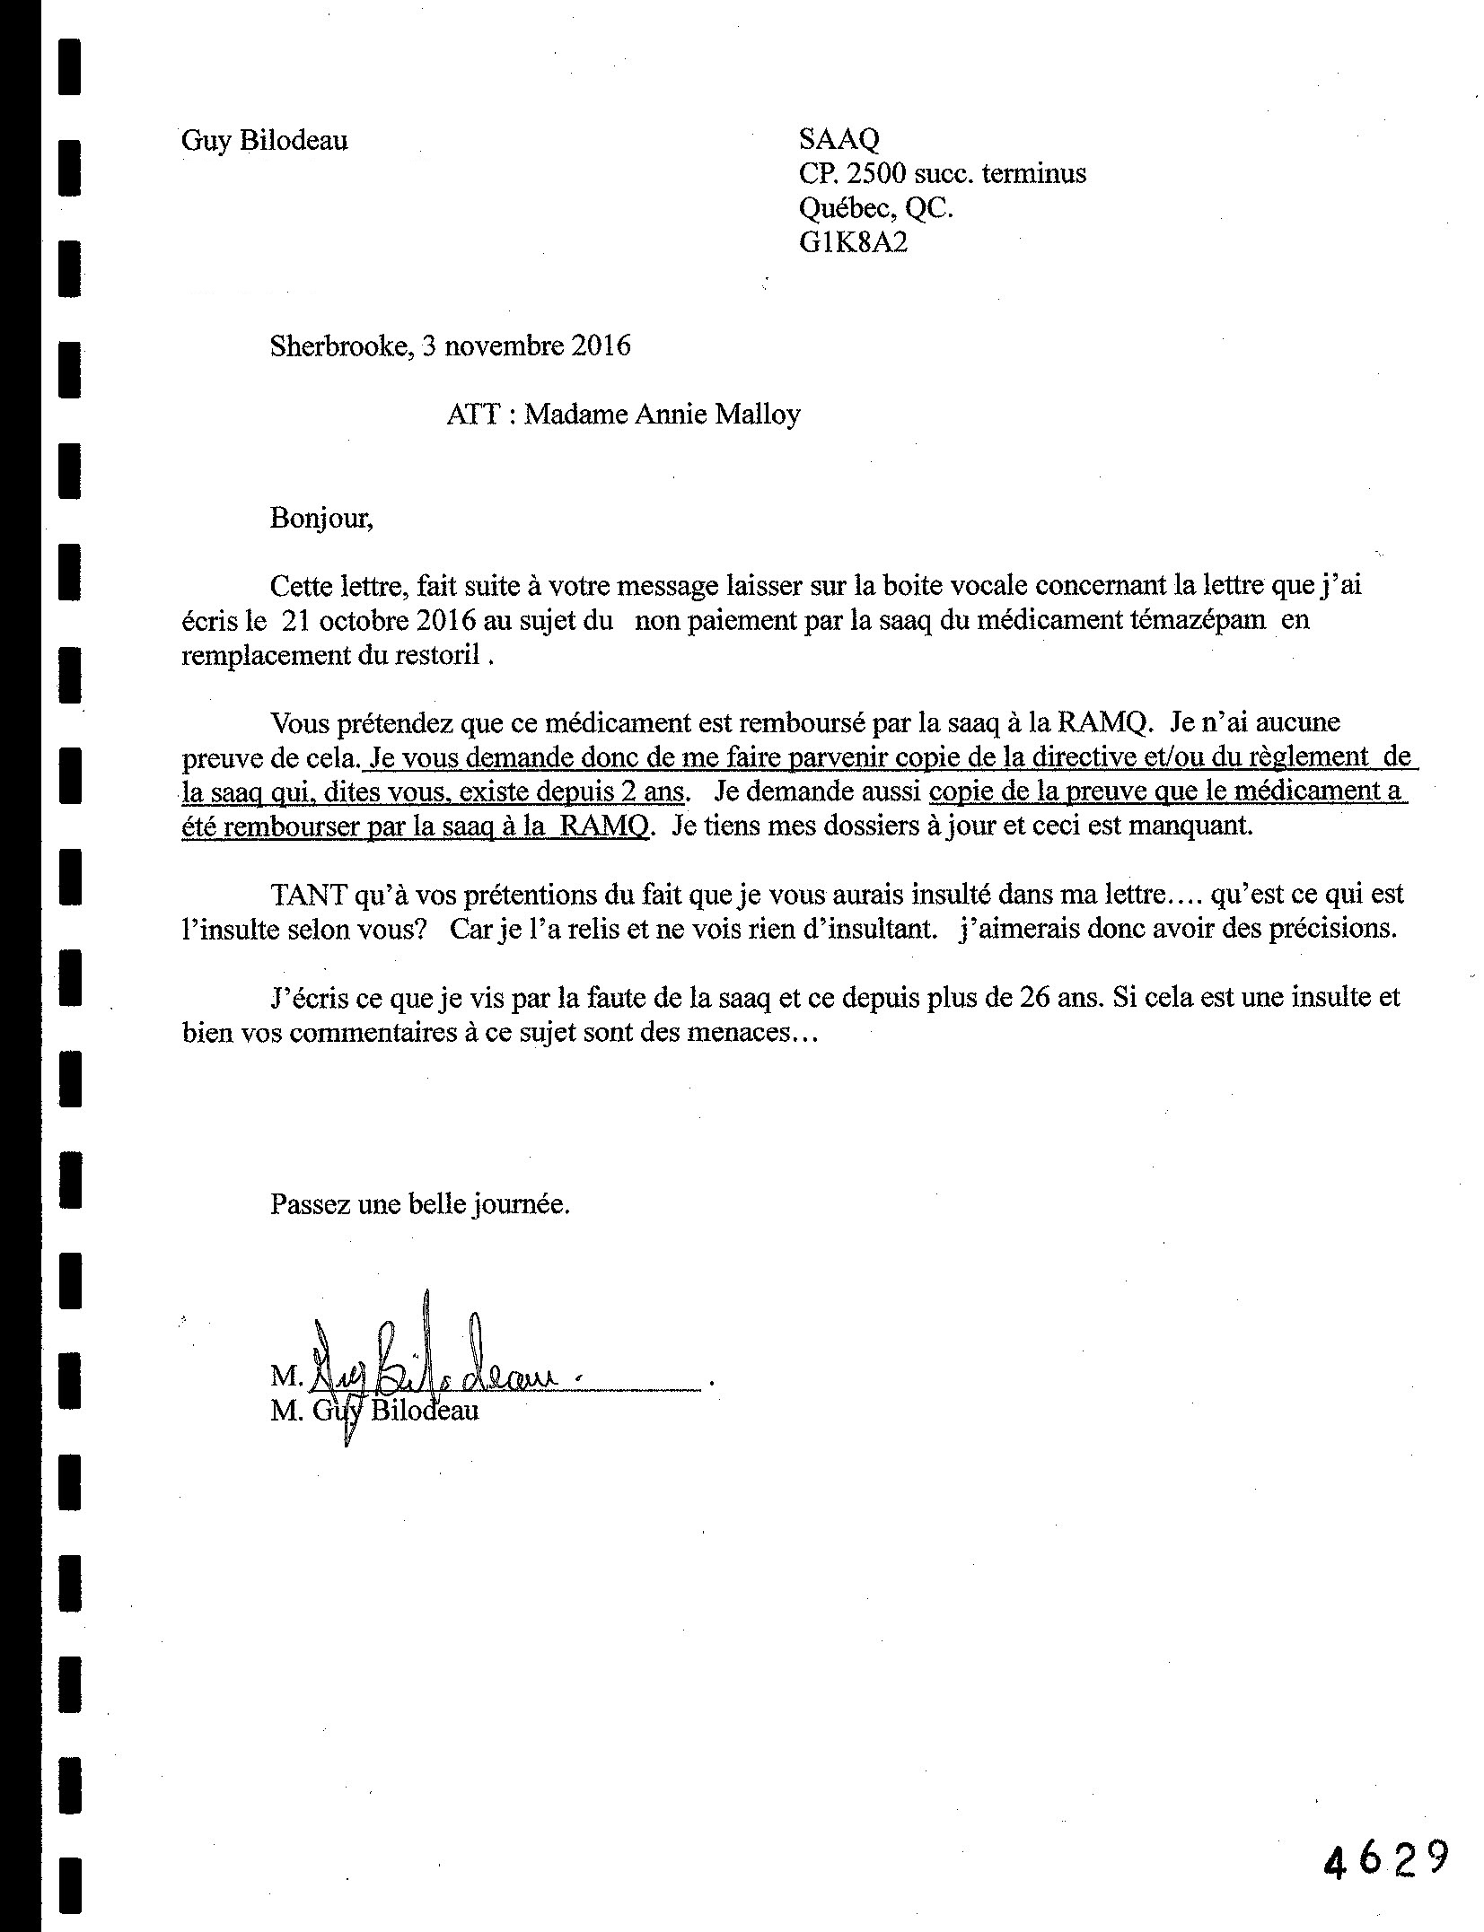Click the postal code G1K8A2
853,243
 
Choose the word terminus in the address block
1033,173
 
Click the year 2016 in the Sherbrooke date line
602,345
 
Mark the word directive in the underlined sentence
1090,756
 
